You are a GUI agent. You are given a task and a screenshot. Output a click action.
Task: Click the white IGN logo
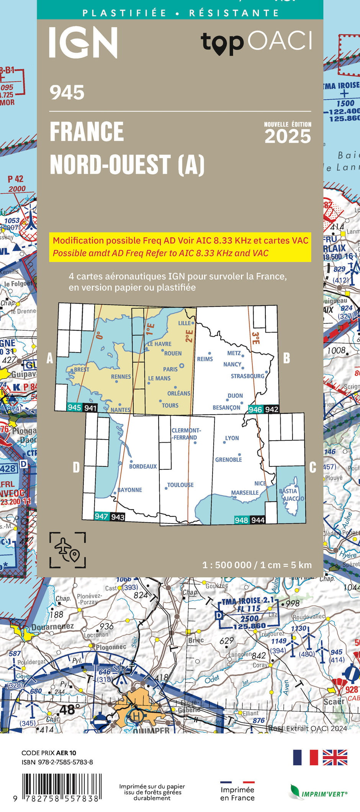click(83, 43)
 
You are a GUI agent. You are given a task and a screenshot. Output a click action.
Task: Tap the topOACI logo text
click(257, 42)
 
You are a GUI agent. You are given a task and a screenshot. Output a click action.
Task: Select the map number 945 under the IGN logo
click(67, 93)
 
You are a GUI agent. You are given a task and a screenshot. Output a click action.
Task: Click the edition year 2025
click(288, 136)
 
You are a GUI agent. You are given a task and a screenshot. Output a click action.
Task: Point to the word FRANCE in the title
click(87, 131)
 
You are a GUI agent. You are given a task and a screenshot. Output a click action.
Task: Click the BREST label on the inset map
click(81, 370)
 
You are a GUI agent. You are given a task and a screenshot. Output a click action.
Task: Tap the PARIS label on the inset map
click(170, 369)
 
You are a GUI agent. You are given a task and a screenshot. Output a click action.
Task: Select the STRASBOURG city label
click(247, 376)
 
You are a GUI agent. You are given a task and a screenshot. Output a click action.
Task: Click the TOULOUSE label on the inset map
click(180, 485)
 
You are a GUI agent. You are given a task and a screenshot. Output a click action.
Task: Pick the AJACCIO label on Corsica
click(293, 499)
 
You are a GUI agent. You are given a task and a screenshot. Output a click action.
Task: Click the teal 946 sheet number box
click(255, 410)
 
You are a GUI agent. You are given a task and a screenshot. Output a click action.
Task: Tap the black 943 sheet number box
click(118, 517)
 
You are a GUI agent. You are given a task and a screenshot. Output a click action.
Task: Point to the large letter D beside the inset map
click(76, 468)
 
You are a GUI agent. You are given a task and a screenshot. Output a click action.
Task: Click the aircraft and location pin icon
click(67, 550)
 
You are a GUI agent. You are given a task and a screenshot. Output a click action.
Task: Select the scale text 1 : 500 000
click(227, 565)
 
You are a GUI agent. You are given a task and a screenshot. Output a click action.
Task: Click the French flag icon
click(305, 757)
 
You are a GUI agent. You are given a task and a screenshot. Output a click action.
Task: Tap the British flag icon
click(335, 757)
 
